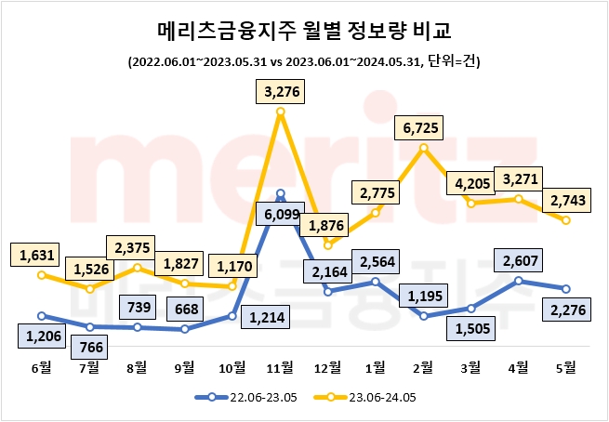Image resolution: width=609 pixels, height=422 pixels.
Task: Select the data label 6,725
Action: click(424, 125)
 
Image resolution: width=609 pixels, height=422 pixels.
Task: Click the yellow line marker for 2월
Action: click(424, 148)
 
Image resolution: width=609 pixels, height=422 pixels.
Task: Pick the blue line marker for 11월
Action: click(282, 194)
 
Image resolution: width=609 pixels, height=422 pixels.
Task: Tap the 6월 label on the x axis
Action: click(41, 366)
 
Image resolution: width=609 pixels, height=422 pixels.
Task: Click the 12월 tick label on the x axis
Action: click(328, 366)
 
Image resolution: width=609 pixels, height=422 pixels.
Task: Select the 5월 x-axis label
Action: click(567, 366)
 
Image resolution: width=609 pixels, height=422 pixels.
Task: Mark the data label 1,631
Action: click(40, 253)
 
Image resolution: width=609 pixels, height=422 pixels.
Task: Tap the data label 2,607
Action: click(519, 260)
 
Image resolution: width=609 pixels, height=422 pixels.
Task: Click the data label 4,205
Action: click(472, 183)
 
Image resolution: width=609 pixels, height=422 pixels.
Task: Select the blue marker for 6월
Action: click(41, 316)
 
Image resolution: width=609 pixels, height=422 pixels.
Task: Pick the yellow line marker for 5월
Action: click(567, 219)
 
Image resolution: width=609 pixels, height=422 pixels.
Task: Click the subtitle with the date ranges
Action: click(304, 61)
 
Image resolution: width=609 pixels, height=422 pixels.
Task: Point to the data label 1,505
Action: click(471, 328)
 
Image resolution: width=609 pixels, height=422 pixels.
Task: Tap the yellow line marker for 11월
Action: click(282, 112)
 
